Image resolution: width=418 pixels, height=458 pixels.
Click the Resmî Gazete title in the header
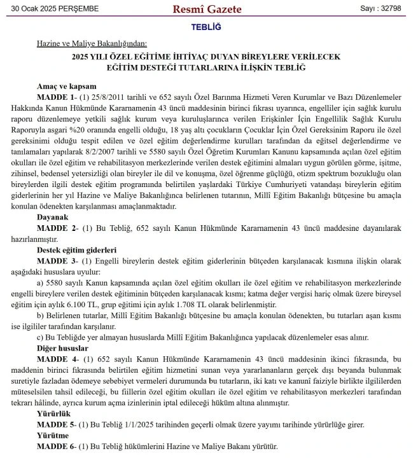pyautogui.click(x=209, y=9)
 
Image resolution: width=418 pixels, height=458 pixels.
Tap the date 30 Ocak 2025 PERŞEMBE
pyautogui.click(x=50, y=9)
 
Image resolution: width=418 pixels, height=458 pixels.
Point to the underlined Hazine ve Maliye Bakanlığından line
pyautogui.click(x=92, y=44)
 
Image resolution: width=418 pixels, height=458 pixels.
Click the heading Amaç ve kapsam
pyautogui.click(x=66, y=86)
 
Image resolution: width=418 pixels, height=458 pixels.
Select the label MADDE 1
pyautogui.click(x=55, y=97)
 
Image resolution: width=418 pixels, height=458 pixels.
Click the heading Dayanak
pyautogui.click(x=52, y=217)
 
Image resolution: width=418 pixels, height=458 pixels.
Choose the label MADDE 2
pyautogui.click(x=56, y=228)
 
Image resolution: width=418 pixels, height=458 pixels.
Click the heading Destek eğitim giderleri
pyautogui.click(x=76, y=250)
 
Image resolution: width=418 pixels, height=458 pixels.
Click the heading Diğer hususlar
pyautogui.click(x=62, y=348)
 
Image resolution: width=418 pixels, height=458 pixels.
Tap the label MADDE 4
pyautogui.click(x=56, y=359)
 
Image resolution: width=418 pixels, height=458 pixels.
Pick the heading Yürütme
pyautogui.click(x=52, y=436)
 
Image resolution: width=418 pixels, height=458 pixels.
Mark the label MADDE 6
pyautogui.click(x=56, y=447)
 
